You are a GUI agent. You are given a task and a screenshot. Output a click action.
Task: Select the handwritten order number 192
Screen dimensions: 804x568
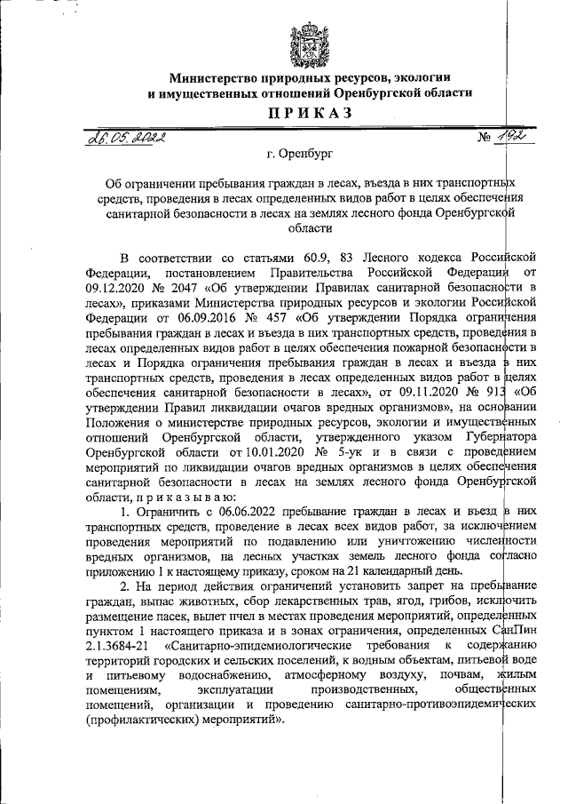(x=508, y=134)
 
